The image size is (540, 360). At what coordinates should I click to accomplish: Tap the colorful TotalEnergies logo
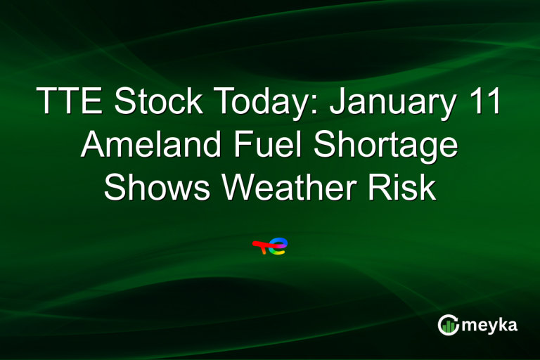(271, 246)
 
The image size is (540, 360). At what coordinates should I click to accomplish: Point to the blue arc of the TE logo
(281, 241)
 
